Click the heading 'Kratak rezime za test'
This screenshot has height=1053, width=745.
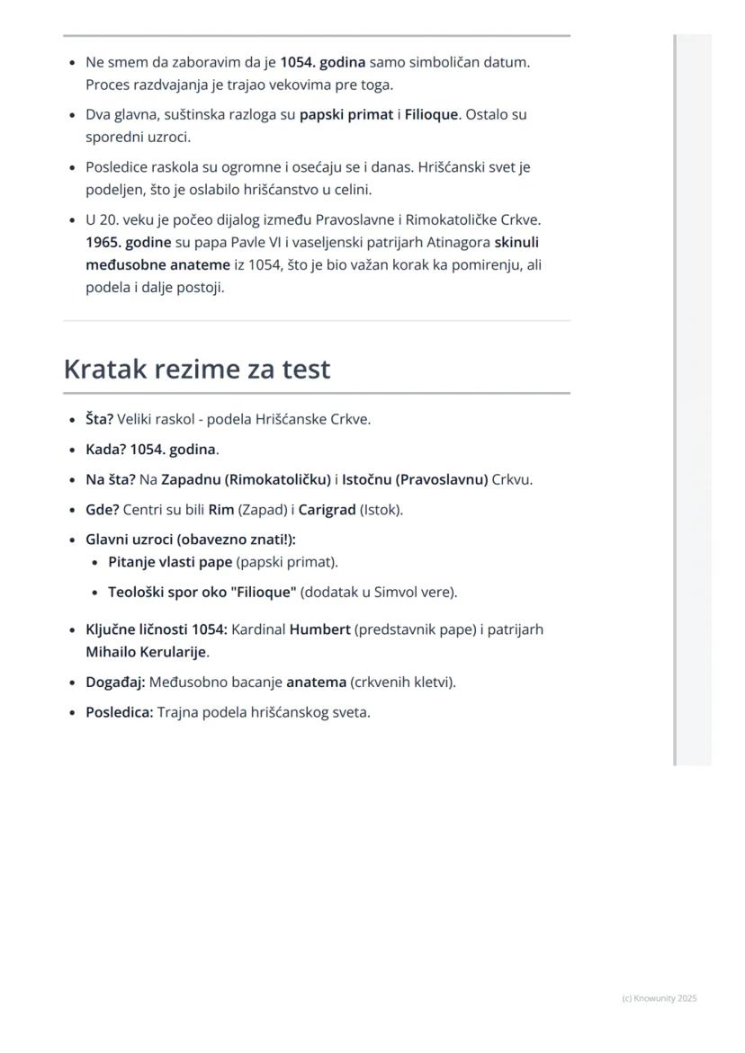tap(197, 370)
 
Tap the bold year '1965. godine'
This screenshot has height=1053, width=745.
tap(128, 243)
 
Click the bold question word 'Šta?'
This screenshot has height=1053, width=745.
tap(99, 419)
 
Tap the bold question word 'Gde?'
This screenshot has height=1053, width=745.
tap(102, 510)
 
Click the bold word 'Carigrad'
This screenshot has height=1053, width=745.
tap(327, 510)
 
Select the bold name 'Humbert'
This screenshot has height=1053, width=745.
tap(319, 629)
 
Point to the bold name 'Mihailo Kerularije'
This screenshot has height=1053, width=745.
tap(146, 652)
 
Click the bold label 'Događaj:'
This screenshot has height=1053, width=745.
tap(115, 683)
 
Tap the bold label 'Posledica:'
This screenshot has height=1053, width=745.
tap(120, 712)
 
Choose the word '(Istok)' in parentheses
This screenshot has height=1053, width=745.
tap(381, 510)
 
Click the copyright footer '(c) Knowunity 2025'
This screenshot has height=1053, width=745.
tap(659, 998)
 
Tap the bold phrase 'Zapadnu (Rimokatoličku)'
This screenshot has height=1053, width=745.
tap(246, 480)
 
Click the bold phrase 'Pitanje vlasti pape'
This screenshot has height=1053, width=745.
tap(170, 562)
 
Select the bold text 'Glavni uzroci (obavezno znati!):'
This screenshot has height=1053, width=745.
tap(190, 540)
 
